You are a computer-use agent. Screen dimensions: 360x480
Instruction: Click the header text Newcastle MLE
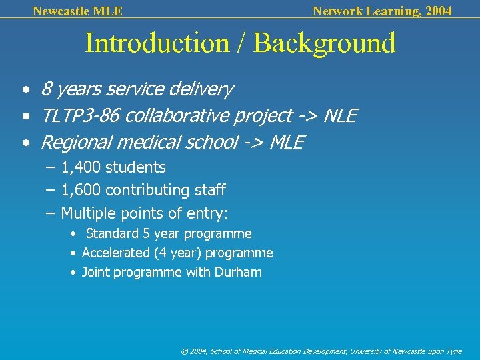click(x=77, y=11)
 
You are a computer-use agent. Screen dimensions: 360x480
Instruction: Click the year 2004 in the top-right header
click(x=437, y=11)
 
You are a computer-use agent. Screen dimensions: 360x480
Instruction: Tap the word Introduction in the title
click(x=157, y=43)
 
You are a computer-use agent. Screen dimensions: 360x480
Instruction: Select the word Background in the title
click(x=325, y=43)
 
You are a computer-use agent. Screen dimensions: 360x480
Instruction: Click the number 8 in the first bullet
click(x=46, y=89)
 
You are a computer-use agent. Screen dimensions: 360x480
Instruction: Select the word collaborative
click(x=175, y=117)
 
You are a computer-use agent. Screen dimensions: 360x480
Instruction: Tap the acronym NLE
click(x=340, y=117)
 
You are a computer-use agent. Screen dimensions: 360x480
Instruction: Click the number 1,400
click(x=81, y=167)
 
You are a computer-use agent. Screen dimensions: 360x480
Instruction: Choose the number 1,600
click(x=81, y=190)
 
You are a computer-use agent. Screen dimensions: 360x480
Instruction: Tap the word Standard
click(x=111, y=234)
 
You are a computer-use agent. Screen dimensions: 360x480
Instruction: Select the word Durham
click(x=238, y=273)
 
